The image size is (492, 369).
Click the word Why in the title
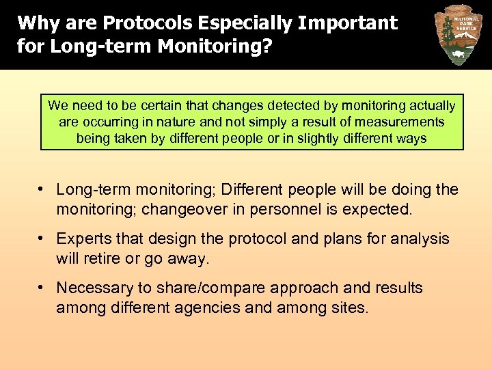[34, 23]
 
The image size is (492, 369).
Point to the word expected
[383, 208]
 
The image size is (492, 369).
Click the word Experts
[83, 238]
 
